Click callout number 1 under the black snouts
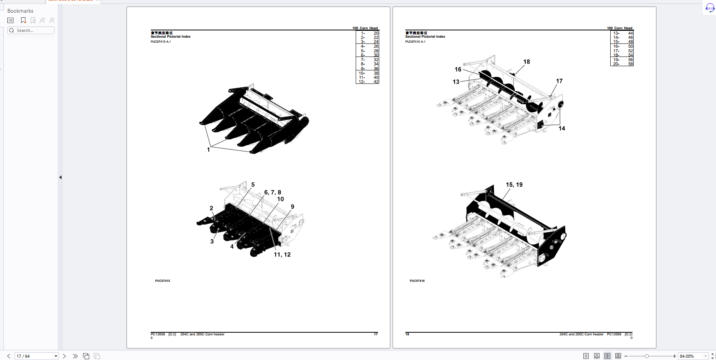(208, 150)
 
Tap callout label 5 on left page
(253, 185)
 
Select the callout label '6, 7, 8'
(272, 192)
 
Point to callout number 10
(280, 199)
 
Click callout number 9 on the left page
(293, 207)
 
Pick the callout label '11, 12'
(282, 255)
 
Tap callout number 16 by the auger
(458, 70)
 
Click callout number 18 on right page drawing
(526, 62)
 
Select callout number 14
(562, 128)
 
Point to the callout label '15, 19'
(514, 185)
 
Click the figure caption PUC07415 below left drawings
(163, 281)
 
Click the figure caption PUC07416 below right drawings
(417, 281)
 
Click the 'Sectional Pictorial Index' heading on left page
(171, 37)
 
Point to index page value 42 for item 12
(376, 82)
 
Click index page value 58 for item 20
(631, 64)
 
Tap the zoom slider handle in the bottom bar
(647, 356)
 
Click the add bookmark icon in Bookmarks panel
(23, 20)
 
